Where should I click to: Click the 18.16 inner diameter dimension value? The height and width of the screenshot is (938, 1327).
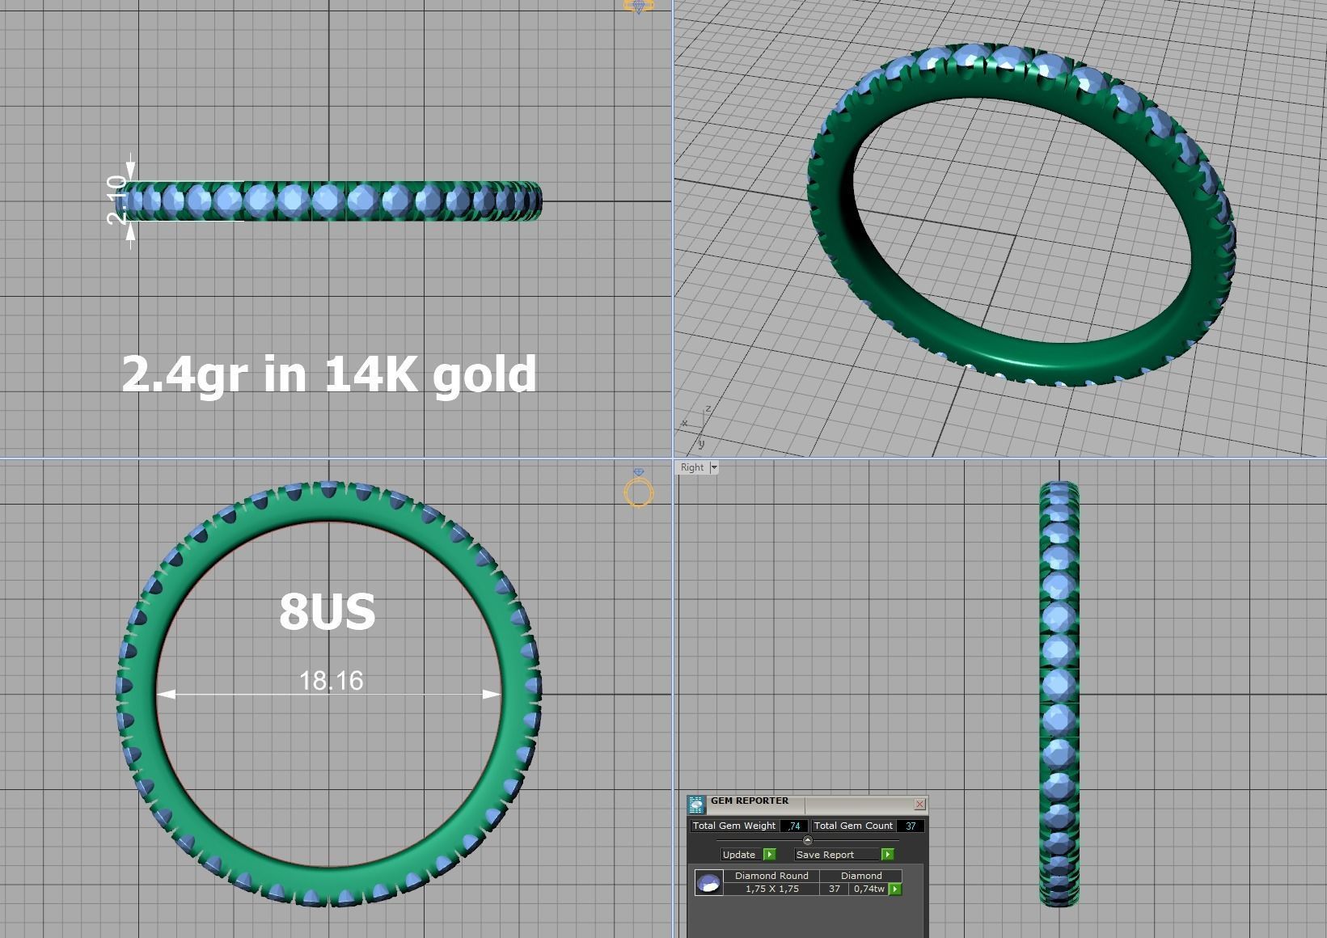pyautogui.click(x=331, y=681)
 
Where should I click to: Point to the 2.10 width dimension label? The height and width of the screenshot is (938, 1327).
pyautogui.click(x=117, y=200)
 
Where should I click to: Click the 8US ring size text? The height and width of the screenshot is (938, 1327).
pyautogui.click(x=328, y=612)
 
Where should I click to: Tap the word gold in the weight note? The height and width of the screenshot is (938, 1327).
pyautogui.click(x=484, y=374)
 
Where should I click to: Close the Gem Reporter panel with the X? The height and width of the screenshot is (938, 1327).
pyautogui.click(x=919, y=804)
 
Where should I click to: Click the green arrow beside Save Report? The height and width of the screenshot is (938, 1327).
pyautogui.click(x=887, y=855)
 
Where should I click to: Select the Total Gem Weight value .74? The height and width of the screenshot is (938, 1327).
pyautogui.click(x=794, y=826)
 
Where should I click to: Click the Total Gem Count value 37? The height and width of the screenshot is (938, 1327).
pyautogui.click(x=911, y=826)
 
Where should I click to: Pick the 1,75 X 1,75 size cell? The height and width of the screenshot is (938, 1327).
pyautogui.click(x=771, y=889)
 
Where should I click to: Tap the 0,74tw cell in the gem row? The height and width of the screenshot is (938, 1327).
pyautogui.click(x=868, y=889)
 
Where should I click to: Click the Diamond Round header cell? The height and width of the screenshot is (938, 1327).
pyautogui.click(x=771, y=876)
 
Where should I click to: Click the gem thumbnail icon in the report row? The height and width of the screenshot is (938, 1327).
pyautogui.click(x=709, y=882)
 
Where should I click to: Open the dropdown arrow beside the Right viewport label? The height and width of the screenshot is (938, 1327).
pyautogui.click(x=714, y=467)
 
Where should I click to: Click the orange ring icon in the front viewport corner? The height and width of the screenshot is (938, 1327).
pyautogui.click(x=639, y=491)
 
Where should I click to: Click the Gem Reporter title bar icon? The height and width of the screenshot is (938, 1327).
pyautogui.click(x=696, y=804)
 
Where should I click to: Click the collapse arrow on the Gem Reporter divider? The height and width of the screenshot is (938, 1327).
pyautogui.click(x=807, y=840)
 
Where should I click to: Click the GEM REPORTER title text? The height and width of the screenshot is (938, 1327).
pyautogui.click(x=750, y=801)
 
